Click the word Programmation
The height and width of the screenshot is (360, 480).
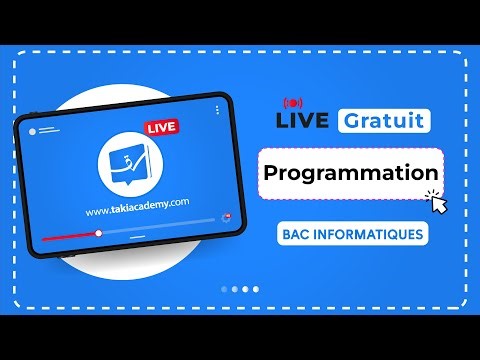coord(351,173)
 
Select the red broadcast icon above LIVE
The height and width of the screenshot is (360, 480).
coord(293,103)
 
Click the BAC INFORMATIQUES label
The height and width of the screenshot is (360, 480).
coord(352,235)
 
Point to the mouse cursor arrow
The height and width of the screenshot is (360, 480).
coord(436,203)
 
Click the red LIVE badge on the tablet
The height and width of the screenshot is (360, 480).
coord(161,128)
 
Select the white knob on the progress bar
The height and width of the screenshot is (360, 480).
coord(98,233)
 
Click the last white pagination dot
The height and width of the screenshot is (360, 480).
coord(256,289)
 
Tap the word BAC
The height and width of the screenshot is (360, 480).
coord(296,235)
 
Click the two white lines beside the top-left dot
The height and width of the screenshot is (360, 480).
coord(47,131)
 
